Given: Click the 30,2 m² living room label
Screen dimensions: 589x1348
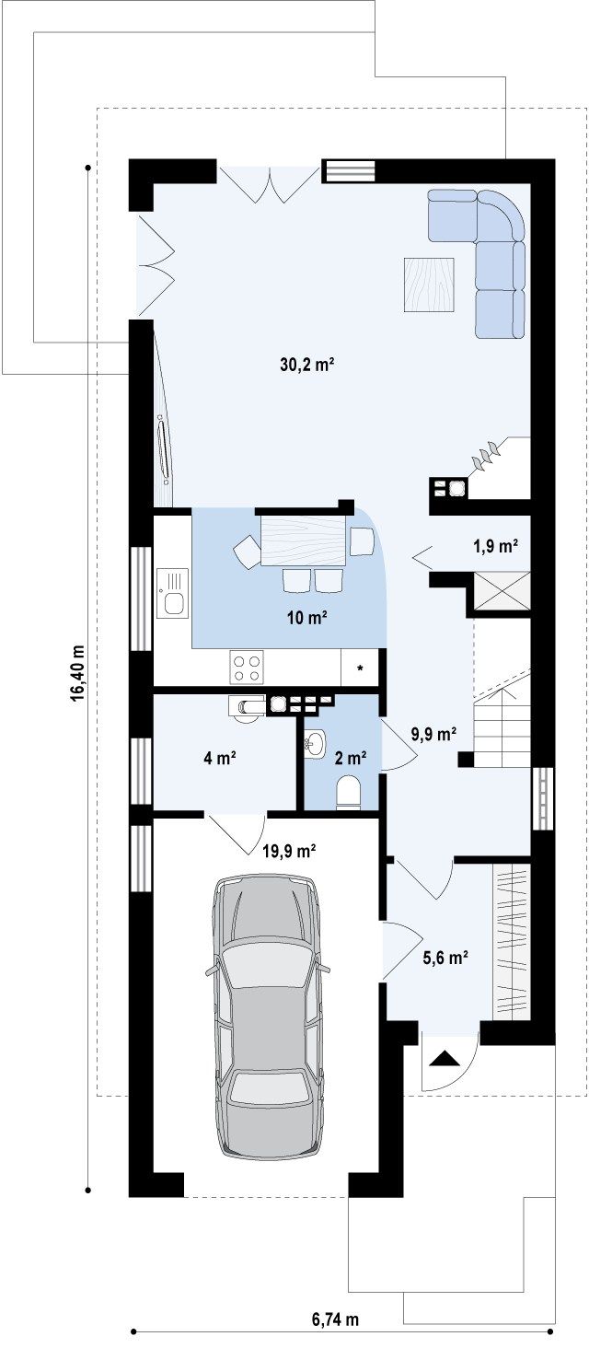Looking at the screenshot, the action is pos(306,365).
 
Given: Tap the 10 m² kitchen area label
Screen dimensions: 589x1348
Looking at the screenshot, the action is pos(306,618).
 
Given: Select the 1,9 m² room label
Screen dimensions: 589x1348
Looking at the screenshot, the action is pos(496,546).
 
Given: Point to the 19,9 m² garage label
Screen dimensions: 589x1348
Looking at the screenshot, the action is pos(289,851).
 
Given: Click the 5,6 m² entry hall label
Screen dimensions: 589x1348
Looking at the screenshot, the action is pos(445,958).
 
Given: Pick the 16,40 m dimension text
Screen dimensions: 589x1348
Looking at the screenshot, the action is pos(77,674).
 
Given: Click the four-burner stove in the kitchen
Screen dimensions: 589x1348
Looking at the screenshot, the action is pos(247,668).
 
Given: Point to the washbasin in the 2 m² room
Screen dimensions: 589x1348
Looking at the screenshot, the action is pos(315,742).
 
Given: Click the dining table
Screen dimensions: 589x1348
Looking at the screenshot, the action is pos(303,540).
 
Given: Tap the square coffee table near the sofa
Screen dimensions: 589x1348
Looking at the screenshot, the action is pos(429,284).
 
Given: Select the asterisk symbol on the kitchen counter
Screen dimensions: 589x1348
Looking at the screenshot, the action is pos(360,668).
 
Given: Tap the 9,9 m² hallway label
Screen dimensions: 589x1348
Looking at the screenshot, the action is pos(433,734).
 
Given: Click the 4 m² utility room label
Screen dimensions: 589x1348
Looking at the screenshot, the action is pos(219,759).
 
